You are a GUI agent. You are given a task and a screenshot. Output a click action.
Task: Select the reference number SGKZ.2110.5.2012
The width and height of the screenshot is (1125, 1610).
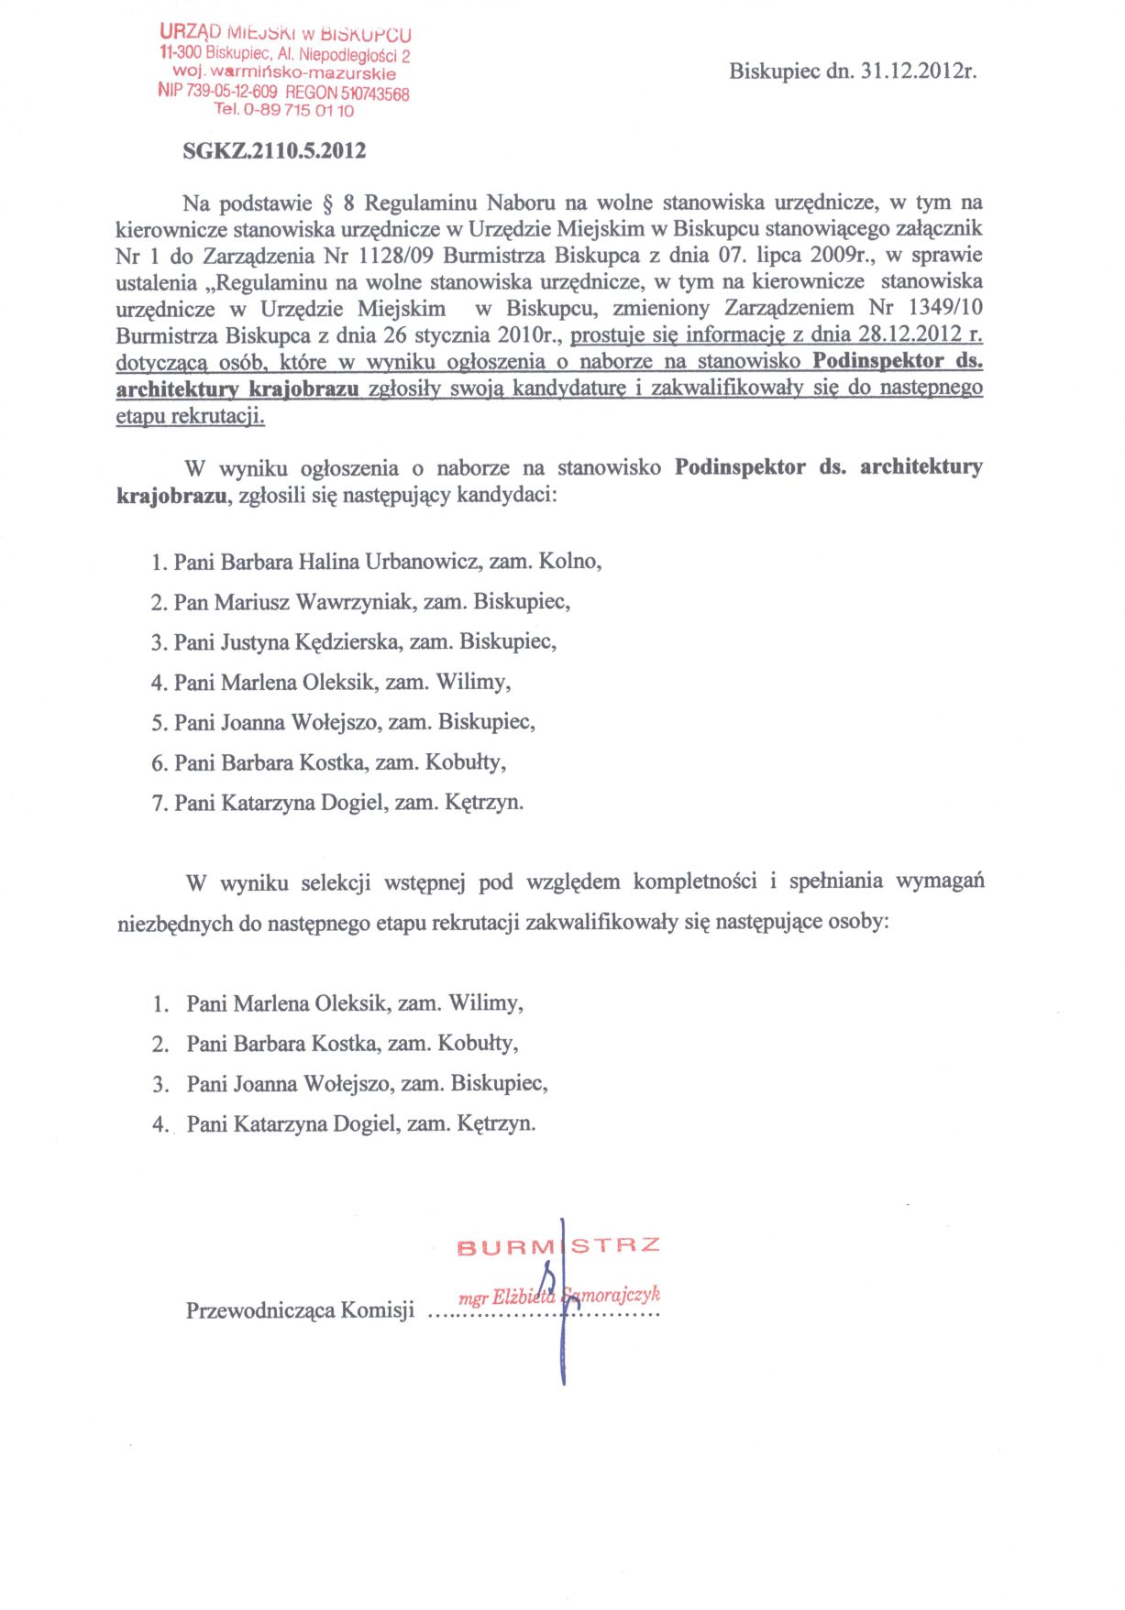274,151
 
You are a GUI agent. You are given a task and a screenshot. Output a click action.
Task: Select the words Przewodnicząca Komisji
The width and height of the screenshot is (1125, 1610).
300,1309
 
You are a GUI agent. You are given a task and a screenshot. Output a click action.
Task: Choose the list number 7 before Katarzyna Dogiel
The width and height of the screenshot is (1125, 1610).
158,804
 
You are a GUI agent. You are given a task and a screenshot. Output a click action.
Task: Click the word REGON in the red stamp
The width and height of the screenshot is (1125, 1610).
312,93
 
